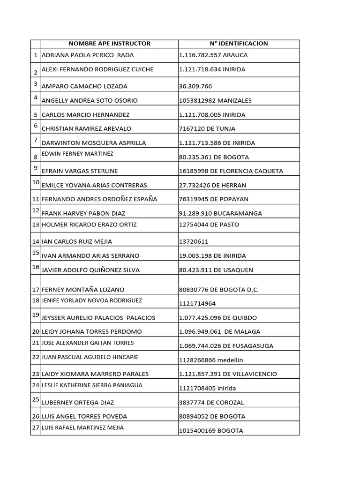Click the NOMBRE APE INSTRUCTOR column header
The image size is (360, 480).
click(x=110, y=44)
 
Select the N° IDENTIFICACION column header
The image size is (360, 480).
click(x=239, y=44)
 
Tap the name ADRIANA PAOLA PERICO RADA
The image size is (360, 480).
click(x=88, y=55)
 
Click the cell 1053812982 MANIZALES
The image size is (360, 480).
click(x=215, y=100)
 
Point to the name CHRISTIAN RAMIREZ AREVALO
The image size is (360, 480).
click(x=86, y=128)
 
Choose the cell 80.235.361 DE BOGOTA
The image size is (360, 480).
click(x=214, y=157)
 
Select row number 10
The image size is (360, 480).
click(x=35, y=182)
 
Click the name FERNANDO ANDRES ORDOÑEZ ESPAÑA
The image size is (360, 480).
click(x=99, y=199)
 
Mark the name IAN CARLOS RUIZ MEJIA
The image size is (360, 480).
click(x=77, y=241)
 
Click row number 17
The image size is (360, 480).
click(x=35, y=290)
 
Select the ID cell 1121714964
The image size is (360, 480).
click(x=195, y=304)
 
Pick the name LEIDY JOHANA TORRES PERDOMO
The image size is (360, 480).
click(x=92, y=332)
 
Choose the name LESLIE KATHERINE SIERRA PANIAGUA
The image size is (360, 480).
click(x=92, y=385)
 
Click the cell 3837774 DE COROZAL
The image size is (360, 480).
click(x=211, y=402)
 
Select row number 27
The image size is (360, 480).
click(x=35, y=428)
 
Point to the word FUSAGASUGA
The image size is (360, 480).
click(x=252, y=346)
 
